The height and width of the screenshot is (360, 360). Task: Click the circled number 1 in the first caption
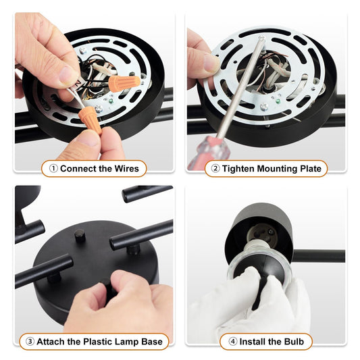(53, 168)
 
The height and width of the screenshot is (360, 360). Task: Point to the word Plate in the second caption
(308, 168)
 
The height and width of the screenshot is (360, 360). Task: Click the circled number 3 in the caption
(30, 342)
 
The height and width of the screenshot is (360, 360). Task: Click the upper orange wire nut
(125, 83)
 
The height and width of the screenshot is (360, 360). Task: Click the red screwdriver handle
(215, 147)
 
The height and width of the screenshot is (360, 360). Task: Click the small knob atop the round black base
(80, 236)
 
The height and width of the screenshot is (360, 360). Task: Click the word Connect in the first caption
(81, 168)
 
